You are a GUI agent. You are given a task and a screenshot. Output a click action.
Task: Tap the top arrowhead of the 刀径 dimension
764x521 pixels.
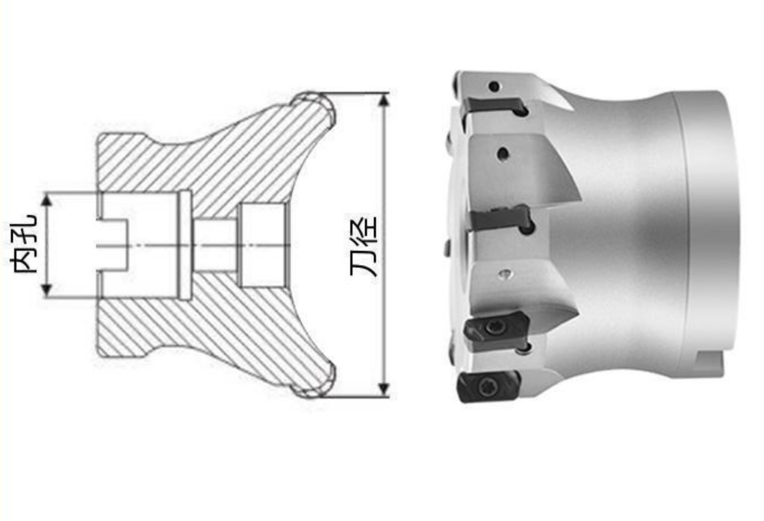[384, 99]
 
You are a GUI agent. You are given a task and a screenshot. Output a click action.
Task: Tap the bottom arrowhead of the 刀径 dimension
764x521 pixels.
[384, 390]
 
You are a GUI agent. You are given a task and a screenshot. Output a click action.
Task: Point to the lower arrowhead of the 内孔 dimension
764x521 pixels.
[47, 291]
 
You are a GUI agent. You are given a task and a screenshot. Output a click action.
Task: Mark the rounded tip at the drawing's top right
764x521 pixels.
[317, 104]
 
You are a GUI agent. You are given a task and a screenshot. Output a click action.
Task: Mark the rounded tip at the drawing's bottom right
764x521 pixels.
[317, 384]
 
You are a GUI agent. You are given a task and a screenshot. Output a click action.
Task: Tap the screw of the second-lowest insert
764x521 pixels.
[495, 327]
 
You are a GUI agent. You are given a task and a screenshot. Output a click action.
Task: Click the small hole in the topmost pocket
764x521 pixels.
[494, 87]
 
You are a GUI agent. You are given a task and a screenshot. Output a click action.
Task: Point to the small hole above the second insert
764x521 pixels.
[503, 155]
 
